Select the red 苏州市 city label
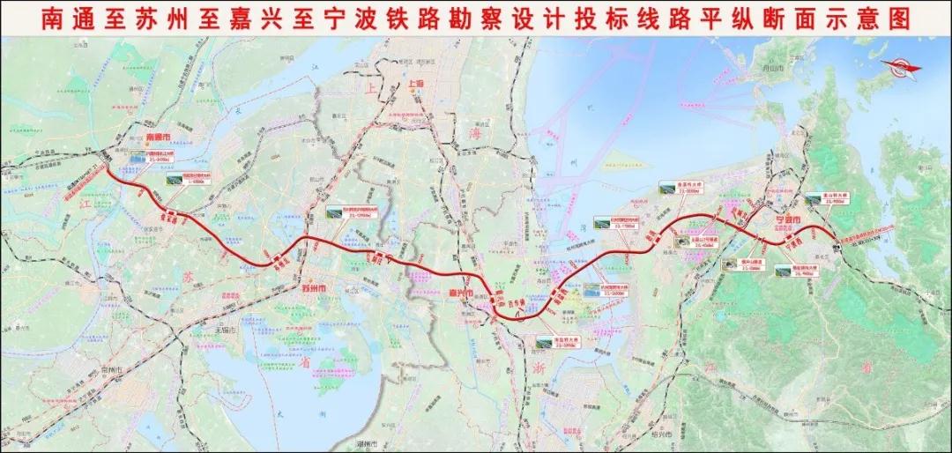click(314, 288)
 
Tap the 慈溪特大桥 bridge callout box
click(676, 188)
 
